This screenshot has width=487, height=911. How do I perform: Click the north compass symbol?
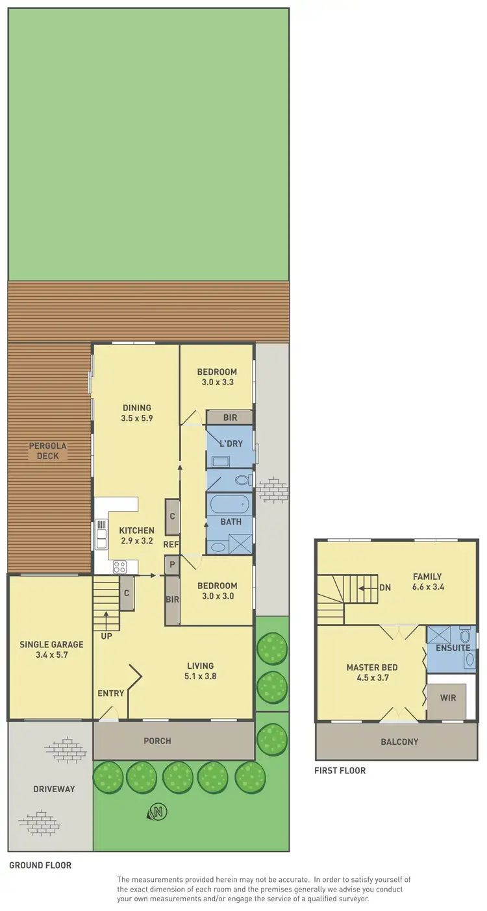point(157,811)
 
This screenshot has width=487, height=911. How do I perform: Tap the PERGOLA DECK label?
point(44,451)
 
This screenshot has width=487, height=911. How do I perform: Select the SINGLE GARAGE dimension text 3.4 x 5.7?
point(51,655)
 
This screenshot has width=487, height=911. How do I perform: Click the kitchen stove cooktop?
point(119,566)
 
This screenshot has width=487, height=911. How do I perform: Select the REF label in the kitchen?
point(171,545)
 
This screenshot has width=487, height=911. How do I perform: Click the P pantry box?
point(172,565)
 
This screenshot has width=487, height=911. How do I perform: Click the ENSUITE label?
point(453,648)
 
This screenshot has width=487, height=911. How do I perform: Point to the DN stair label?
point(385,588)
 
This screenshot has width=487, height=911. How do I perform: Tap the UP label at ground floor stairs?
point(106,636)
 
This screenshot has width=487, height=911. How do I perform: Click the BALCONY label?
point(399,742)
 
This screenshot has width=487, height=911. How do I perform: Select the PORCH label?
point(158,740)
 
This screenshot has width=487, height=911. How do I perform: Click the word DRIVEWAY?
point(54,789)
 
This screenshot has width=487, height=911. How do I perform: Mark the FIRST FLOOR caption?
point(340,771)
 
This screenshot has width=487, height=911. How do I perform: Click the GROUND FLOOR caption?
point(40,865)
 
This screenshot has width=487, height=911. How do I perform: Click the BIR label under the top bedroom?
point(230,418)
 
